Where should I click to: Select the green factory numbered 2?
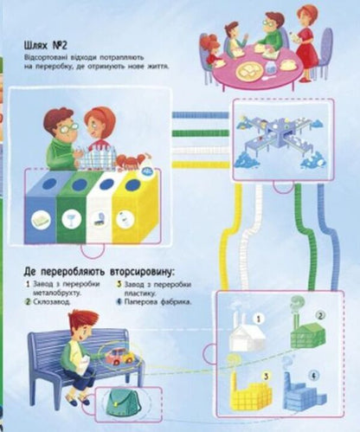click(x=306, y=332)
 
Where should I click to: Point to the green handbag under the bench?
click(x=122, y=399)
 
